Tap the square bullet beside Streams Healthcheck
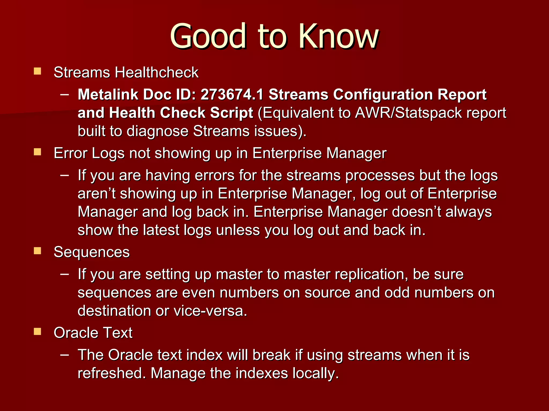(x=38, y=71)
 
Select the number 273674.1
(x=232, y=94)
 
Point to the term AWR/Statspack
(x=408, y=113)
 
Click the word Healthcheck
(x=157, y=73)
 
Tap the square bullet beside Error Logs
(x=38, y=152)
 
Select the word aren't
(x=97, y=193)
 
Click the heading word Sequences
(x=92, y=252)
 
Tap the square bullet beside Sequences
(x=38, y=251)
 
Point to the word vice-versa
(x=210, y=311)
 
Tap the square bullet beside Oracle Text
(x=38, y=332)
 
